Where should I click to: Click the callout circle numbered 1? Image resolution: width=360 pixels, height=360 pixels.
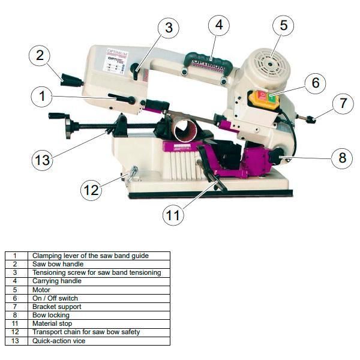click(x=41, y=95)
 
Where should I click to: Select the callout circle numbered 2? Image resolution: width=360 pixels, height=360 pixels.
click(x=40, y=56)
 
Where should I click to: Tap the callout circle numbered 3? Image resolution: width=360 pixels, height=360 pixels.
click(x=169, y=28)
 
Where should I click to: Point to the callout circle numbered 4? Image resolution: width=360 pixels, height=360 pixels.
click(x=219, y=25)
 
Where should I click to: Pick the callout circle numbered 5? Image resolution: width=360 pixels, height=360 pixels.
click(x=284, y=25)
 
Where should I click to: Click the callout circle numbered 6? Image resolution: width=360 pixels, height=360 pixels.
click(x=315, y=83)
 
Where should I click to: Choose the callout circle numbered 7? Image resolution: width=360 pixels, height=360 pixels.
click(x=343, y=103)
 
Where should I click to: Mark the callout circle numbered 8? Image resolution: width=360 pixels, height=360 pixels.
click(x=342, y=158)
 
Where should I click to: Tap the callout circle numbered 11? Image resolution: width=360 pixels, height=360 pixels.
click(x=173, y=215)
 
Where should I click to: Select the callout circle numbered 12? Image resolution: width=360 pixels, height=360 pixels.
click(x=91, y=190)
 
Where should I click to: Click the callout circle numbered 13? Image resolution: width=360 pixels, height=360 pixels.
click(x=42, y=160)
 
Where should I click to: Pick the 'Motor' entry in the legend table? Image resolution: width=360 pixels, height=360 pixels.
click(x=41, y=290)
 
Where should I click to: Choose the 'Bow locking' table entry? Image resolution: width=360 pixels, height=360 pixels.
click(x=51, y=315)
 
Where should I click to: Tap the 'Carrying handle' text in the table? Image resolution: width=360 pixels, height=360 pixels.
click(x=56, y=281)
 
